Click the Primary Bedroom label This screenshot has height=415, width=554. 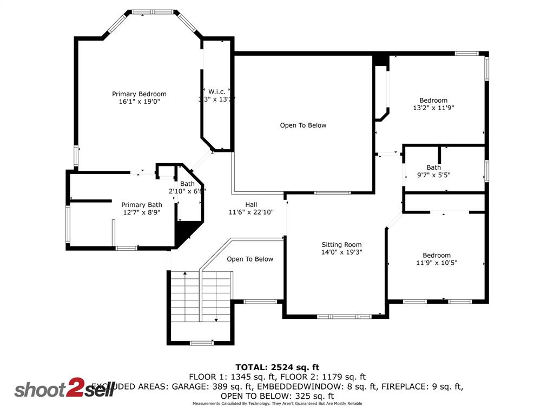pyautogui.click(x=139, y=94)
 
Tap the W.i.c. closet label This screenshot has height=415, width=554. pyautogui.click(x=216, y=91)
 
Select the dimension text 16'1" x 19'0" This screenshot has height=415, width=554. pyautogui.click(x=139, y=102)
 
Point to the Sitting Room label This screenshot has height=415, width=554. pyautogui.click(x=341, y=245)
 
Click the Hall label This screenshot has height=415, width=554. pyautogui.click(x=251, y=204)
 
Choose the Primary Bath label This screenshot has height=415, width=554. pyautogui.click(x=141, y=205)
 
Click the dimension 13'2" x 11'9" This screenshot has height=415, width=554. pyautogui.click(x=433, y=108)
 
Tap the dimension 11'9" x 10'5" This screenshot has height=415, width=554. pyautogui.click(x=437, y=263)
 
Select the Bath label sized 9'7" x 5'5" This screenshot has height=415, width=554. pyautogui.click(x=433, y=168)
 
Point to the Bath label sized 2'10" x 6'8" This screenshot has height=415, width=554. pyautogui.click(x=187, y=184)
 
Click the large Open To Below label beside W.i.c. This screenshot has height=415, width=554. pyautogui.click(x=303, y=125)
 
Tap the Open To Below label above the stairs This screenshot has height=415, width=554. pyautogui.click(x=250, y=259)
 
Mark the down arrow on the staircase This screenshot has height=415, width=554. pyautogui.click(x=216, y=319)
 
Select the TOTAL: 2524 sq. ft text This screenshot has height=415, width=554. pyautogui.click(x=277, y=367)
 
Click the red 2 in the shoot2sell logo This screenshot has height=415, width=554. pyautogui.click(x=73, y=389)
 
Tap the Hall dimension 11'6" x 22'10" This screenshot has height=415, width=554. pyautogui.click(x=251, y=212)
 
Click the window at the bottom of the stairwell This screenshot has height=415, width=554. pyautogui.click(x=201, y=343)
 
